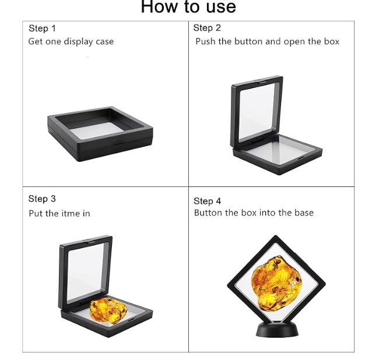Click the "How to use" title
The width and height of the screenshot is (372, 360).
pyautogui.click(x=188, y=6)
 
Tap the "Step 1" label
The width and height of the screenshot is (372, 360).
pyautogui.click(x=42, y=29)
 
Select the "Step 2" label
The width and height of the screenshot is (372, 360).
pyautogui.click(x=207, y=28)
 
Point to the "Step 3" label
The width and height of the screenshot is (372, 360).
pyautogui.click(x=42, y=199)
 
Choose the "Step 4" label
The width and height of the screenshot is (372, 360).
pyautogui.click(x=208, y=201)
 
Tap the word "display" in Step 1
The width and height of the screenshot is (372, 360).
pyautogui.click(x=79, y=42)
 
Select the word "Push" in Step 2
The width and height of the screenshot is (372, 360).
pyautogui.click(x=206, y=41)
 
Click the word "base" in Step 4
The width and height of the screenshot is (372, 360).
pyautogui.click(x=304, y=213)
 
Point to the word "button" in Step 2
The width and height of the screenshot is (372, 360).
pyautogui.click(x=248, y=41)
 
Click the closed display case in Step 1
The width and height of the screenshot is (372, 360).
pyautogui.click(x=100, y=134)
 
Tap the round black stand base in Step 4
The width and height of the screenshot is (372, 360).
pyautogui.click(x=278, y=330)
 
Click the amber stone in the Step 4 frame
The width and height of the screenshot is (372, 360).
pyautogui.click(x=276, y=283)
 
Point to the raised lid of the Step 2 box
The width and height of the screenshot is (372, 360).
pyautogui.click(x=257, y=111)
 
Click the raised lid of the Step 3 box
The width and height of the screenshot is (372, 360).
pyautogui.click(x=85, y=273)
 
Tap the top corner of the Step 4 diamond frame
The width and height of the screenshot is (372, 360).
pyautogui.click(x=275, y=235)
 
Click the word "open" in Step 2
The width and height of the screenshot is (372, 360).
pyautogui.click(x=294, y=42)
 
